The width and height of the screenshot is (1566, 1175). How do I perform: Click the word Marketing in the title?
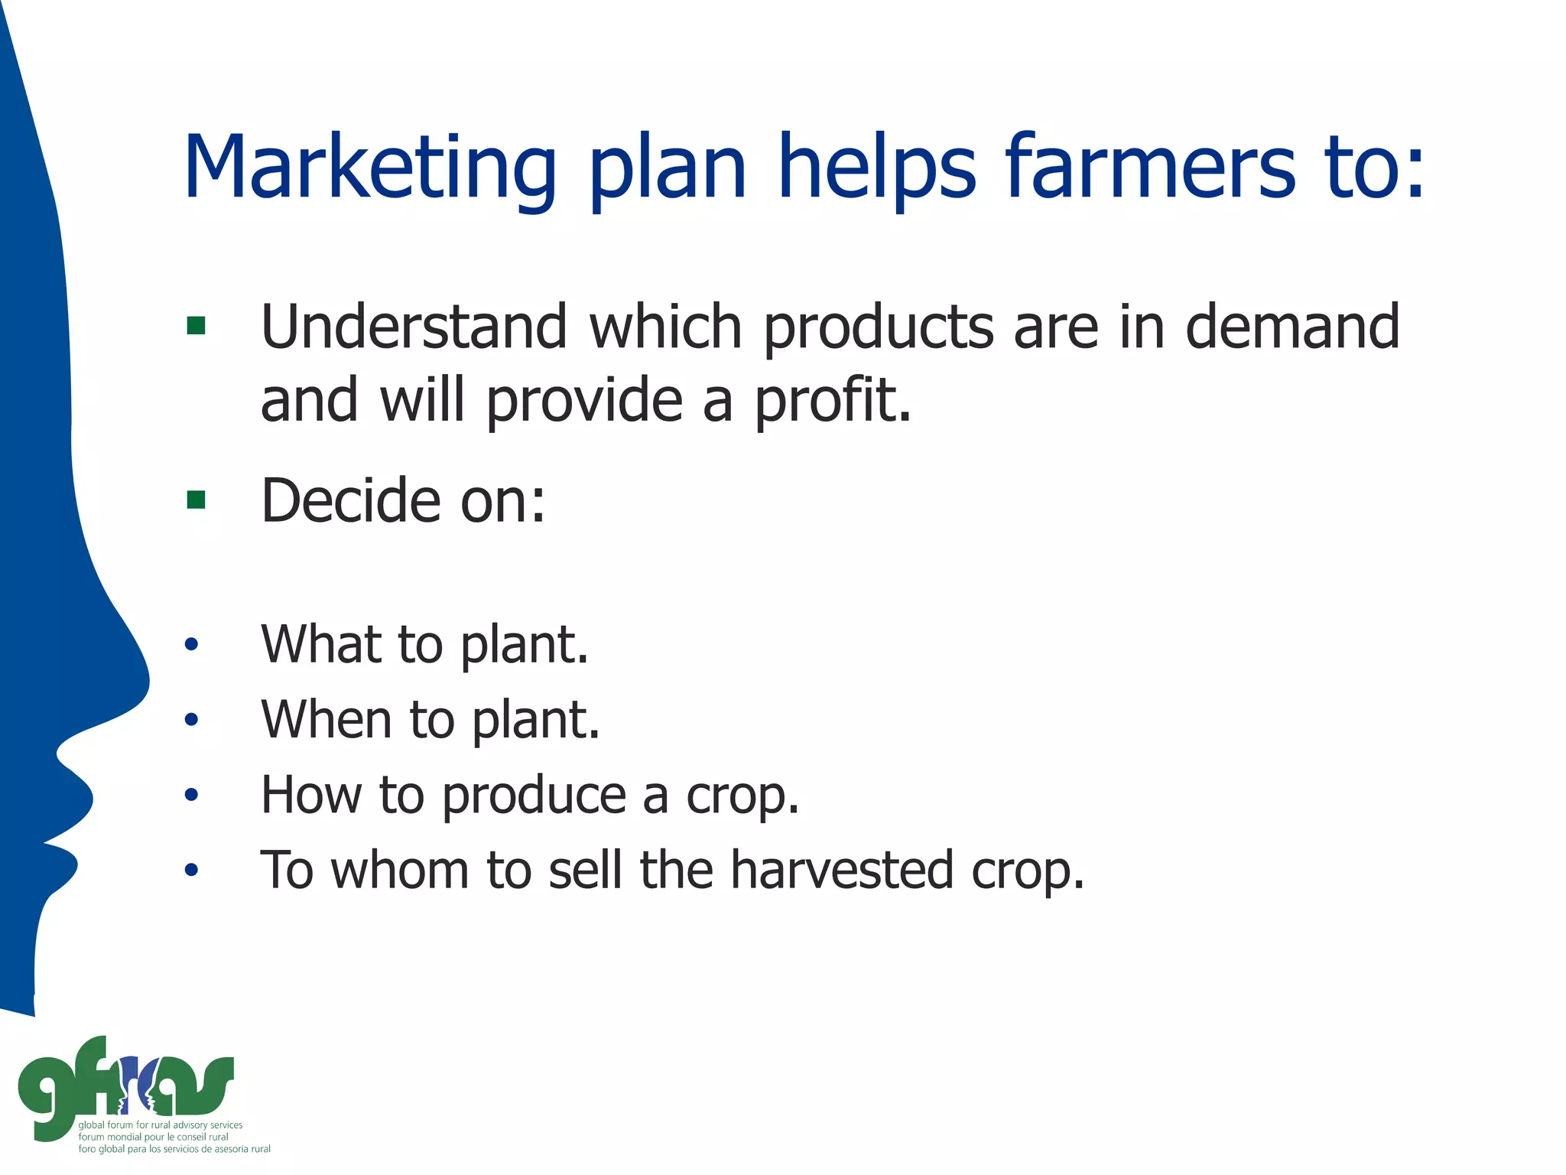(x=370, y=168)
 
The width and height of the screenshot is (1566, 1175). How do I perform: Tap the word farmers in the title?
(x=1150, y=168)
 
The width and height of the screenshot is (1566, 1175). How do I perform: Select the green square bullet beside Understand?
(x=196, y=326)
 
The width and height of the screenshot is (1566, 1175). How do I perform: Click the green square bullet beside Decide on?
(x=196, y=500)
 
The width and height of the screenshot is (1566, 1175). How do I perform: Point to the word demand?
(x=1292, y=327)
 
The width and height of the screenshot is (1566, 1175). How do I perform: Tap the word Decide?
(x=351, y=500)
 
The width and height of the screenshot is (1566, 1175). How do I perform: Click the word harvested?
(x=842, y=870)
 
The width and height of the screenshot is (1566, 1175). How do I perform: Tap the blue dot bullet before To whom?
(x=191, y=870)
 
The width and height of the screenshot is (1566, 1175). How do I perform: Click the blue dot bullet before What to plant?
(x=191, y=644)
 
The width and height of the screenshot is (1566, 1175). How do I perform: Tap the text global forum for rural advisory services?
(x=161, y=1125)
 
